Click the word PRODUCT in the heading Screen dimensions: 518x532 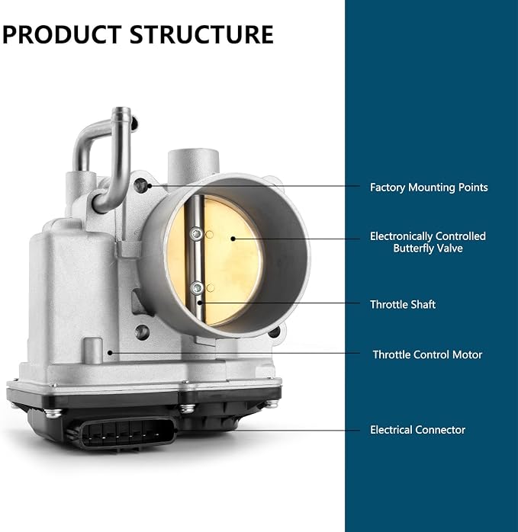62,34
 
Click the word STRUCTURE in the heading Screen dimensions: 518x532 201,34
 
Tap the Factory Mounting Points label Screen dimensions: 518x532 429,187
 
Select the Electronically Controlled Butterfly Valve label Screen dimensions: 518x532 428,242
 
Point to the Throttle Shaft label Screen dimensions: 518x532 403,304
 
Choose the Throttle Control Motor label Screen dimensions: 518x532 427,354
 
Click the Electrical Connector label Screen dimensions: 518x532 417,430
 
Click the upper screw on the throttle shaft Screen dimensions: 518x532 196,234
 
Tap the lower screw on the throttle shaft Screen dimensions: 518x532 197,288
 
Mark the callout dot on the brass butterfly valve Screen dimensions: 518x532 233,239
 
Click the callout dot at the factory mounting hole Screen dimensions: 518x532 150,185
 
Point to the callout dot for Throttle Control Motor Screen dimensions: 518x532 110,353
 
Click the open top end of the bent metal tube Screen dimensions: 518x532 121,111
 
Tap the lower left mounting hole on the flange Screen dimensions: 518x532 142,332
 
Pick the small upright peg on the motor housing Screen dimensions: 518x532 93,351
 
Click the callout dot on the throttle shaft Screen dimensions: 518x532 200,303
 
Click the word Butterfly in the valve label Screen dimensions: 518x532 413,248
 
